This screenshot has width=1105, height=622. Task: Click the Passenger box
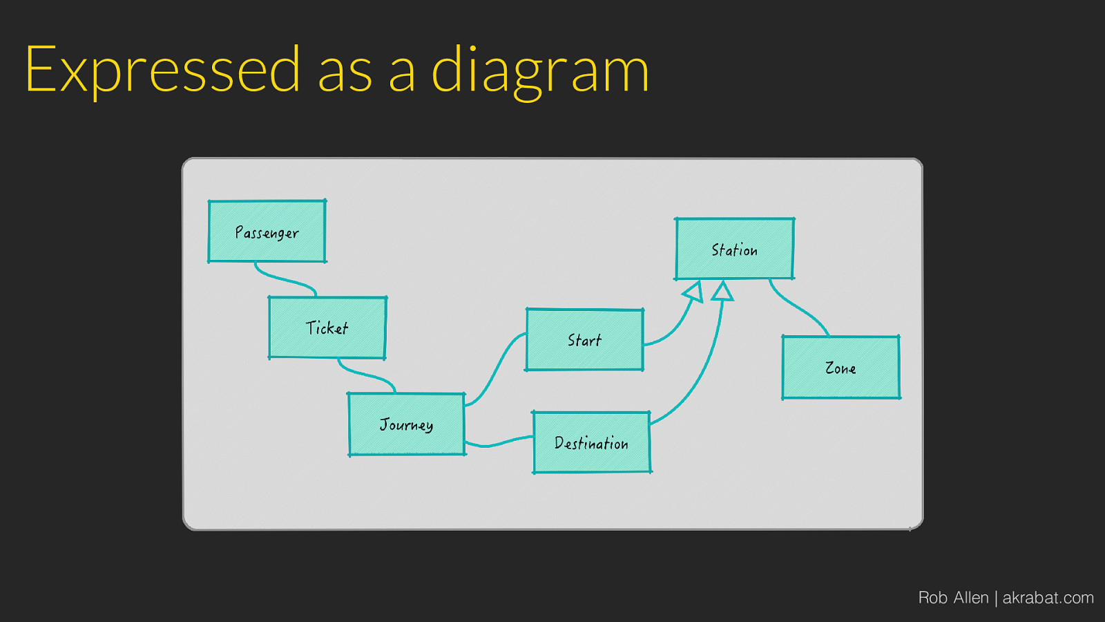pyautogui.click(x=267, y=232)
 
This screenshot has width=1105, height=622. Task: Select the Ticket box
pyautogui.click(x=327, y=328)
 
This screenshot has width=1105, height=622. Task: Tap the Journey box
pyautogui.click(x=407, y=424)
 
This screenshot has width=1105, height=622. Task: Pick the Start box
pyautogui.click(x=584, y=340)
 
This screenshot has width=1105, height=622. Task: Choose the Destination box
pyautogui.click(x=591, y=443)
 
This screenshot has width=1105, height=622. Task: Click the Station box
pyautogui.click(x=735, y=249)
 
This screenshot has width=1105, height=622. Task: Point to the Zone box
pyautogui.click(x=840, y=368)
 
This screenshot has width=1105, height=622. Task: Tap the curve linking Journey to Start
pyautogui.click(x=494, y=370)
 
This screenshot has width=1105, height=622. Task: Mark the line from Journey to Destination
pyautogui.click(x=497, y=444)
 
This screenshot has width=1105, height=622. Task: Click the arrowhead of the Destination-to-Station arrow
pyautogui.click(x=722, y=291)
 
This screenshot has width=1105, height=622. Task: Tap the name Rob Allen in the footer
pyautogui.click(x=953, y=598)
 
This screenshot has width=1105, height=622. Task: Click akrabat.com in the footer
pyautogui.click(x=1048, y=598)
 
